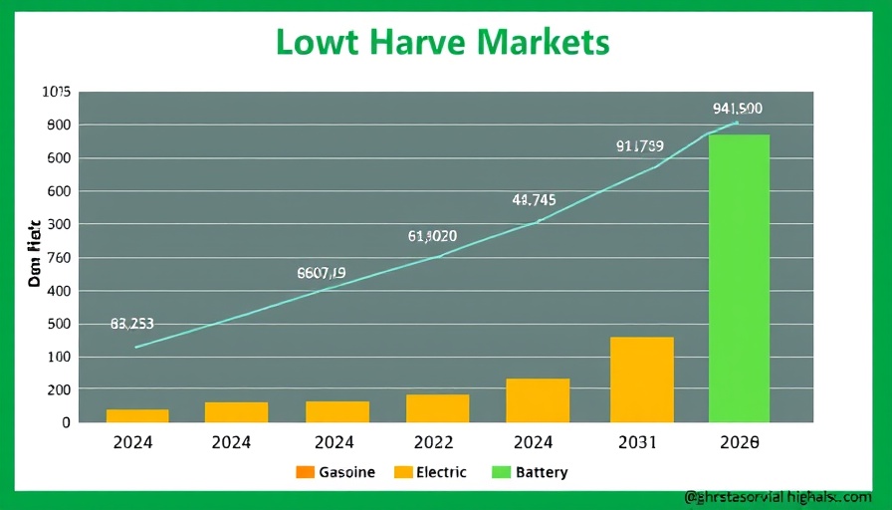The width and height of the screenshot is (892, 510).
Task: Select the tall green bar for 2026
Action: coord(739,278)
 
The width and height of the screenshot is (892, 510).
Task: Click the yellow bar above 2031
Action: coord(641,380)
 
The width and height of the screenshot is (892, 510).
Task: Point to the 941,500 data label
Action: coord(738,109)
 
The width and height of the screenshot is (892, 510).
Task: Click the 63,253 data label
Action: coord(132,324)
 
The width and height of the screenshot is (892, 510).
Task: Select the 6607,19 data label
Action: coord(322,272)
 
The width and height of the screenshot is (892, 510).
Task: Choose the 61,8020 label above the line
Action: coord(432,236)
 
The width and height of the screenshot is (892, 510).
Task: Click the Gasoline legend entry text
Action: coord(347,471)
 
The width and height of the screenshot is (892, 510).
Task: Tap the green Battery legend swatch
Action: coord(500,471)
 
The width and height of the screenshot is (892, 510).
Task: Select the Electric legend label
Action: coord(442,471)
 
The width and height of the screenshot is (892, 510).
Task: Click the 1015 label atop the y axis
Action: coord(56,92)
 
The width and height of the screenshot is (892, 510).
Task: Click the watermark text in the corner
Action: coord(778,495)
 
